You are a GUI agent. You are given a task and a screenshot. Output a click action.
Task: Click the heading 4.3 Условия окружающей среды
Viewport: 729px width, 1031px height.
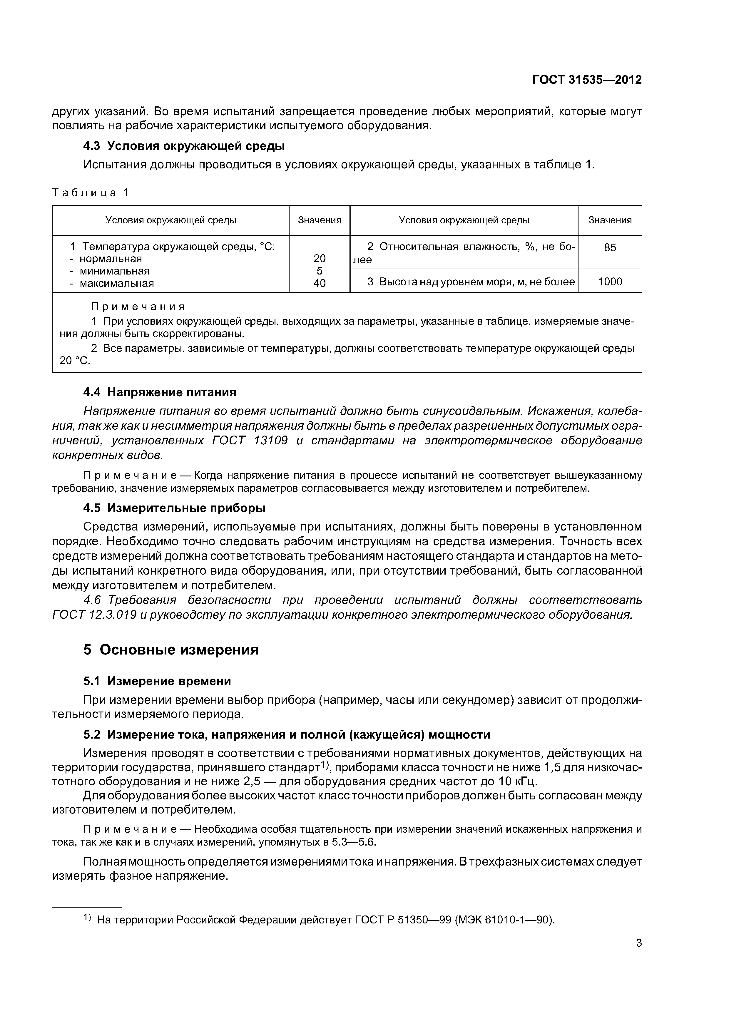(x=184, y=146)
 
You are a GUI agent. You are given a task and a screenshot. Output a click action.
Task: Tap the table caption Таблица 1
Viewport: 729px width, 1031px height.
(x=90, y=193)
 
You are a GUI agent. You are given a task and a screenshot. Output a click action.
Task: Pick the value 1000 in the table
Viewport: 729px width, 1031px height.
(x=610, y=282)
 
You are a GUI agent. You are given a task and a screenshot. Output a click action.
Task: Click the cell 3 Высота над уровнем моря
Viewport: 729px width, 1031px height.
(x=470, y=282)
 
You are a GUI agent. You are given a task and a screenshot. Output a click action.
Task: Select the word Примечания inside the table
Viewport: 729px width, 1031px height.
(x=138, y=307)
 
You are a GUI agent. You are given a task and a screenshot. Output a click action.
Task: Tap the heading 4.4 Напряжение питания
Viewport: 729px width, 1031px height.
(x=159, y=392)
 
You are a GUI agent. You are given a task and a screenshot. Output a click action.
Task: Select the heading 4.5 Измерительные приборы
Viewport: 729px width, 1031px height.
(x=174, y=508)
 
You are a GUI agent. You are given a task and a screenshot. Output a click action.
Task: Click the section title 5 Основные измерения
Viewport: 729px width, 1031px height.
(x=171, y=650)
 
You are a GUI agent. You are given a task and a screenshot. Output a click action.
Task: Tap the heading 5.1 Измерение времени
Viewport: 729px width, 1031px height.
(x=157, y=681)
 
